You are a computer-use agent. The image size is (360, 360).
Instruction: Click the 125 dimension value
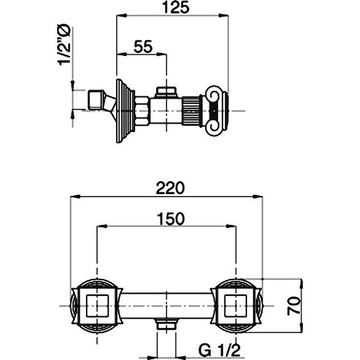click(176, 7)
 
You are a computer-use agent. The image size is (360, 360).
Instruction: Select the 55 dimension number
click(143, 47)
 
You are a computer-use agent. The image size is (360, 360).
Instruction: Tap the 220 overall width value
click(170, 188)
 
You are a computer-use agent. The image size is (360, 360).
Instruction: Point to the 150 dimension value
click(171, 219)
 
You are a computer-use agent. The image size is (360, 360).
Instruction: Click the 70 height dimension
click(294, 306)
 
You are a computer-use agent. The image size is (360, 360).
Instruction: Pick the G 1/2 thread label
click(219, 350)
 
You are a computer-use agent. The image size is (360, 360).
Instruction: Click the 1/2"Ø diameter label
click(64, 45)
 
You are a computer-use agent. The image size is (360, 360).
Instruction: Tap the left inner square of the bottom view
click(97, 305)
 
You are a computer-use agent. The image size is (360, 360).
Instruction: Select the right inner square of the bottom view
click(235, 305)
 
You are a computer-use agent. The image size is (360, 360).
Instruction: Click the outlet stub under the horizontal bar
click(166, 324)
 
